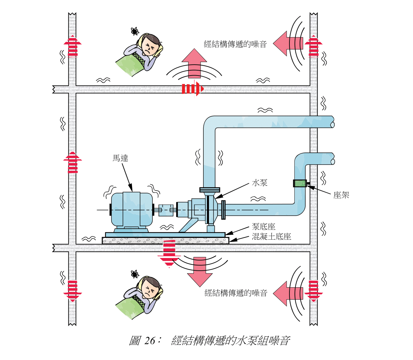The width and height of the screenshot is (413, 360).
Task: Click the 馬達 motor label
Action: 120,158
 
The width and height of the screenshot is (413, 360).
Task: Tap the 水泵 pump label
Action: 259,182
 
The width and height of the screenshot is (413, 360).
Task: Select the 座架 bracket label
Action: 341,195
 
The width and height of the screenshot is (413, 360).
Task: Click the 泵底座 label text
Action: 263,227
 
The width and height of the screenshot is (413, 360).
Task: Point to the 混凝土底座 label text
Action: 271,236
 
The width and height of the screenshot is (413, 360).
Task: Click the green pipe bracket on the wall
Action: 300,183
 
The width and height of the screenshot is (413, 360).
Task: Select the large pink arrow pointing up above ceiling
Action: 194,63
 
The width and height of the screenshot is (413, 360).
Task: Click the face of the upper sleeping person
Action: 150,46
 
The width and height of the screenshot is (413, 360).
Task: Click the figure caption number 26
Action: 150,341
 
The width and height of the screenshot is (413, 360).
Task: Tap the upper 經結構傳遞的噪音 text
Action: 235,44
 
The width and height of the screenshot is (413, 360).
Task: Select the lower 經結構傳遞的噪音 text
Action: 236,293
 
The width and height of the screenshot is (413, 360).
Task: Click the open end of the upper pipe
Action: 332,122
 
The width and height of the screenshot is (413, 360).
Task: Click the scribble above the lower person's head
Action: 134,274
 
